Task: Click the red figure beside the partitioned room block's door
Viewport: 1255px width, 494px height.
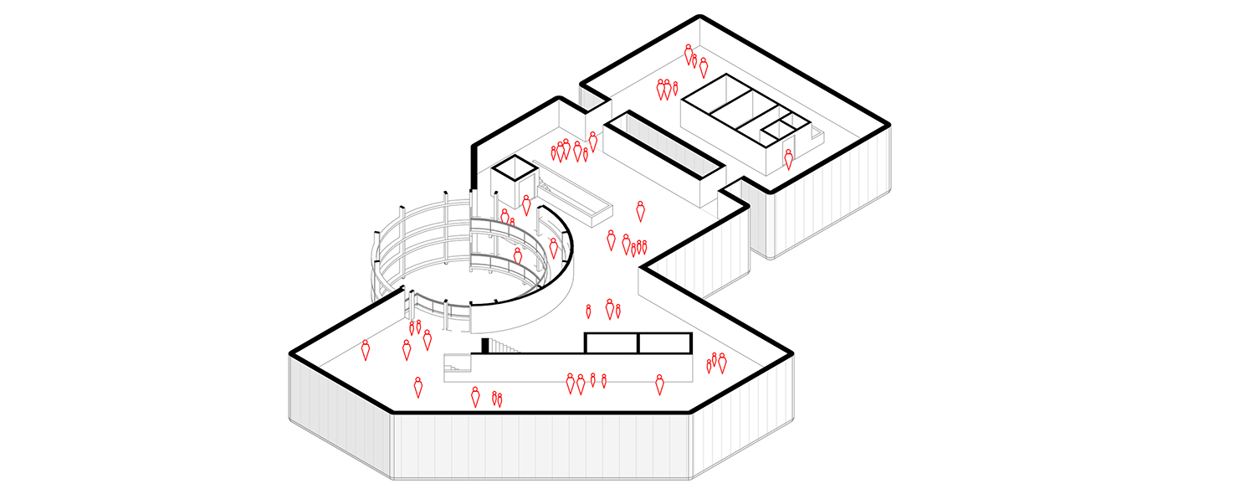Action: [788, 159]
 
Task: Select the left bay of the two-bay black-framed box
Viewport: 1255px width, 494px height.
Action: [612, 342]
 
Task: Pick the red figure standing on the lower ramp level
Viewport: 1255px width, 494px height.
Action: [518, 256]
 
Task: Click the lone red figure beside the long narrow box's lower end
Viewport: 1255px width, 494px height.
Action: [641, 211]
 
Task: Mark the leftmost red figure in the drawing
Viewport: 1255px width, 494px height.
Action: [366, 349]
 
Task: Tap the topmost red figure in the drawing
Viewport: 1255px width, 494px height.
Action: [689, 54]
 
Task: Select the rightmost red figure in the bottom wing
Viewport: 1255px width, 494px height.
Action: [722, 363]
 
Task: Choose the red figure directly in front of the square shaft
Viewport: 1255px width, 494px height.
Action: [526, 204]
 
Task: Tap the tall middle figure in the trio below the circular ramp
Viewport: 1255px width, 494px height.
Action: [609, 308]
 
